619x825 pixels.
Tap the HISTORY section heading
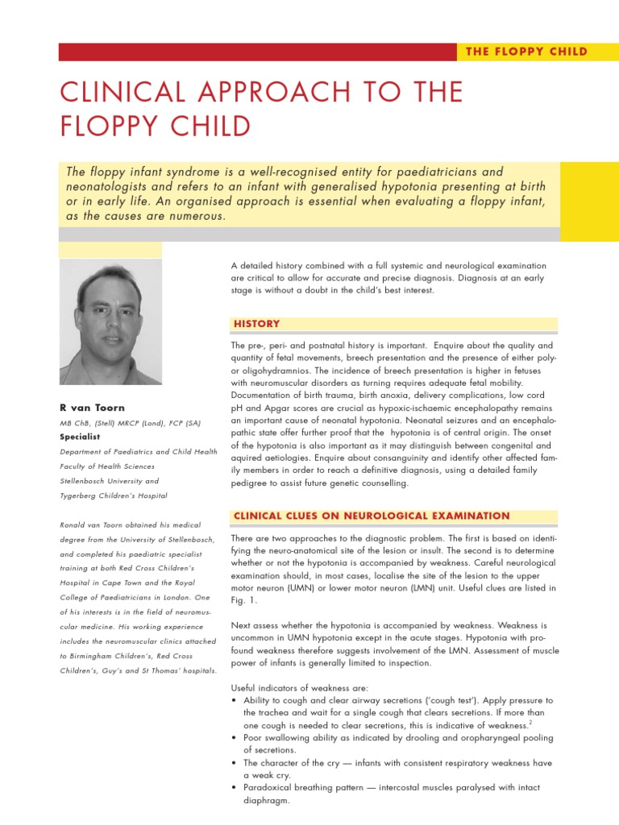click(257, 324)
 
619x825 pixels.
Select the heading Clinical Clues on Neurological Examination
click(371, 516)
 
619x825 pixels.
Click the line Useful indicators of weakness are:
click(299, 687)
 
